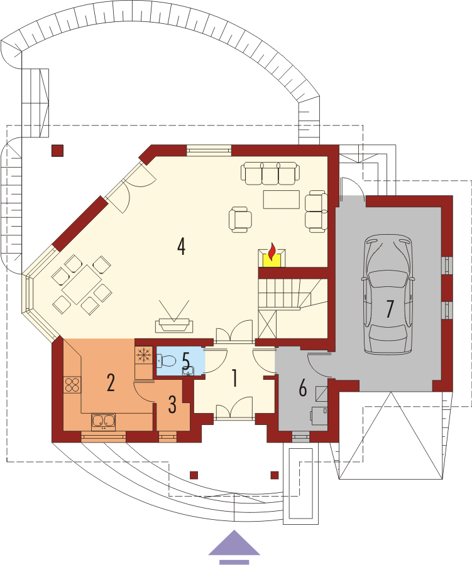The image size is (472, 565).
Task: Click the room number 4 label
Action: tap(181, 247)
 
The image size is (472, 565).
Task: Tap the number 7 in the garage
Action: tap(390, 309)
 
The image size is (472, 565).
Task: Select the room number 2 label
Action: tap(111, 383)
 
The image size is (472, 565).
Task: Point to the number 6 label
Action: tap(303, 388)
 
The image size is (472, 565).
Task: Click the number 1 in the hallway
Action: tap(235, 379)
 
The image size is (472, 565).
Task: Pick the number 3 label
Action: tap(172, 404)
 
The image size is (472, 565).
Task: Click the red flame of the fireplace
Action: tap(272, 251)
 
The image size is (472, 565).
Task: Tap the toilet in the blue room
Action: tap(166, 360)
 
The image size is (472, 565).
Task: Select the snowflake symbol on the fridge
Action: tap(143, 355)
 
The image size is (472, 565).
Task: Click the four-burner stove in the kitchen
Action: tap(72, 384)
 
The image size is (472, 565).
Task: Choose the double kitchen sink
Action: tap(103, 422)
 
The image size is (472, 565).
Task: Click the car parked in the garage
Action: tap(389, 294)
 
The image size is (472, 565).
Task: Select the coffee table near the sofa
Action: tap(282, 200)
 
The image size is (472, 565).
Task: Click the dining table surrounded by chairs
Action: tap(81, 284)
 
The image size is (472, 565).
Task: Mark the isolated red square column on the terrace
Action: tap(57, 151)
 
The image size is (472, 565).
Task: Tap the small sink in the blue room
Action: tap(189, 370)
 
